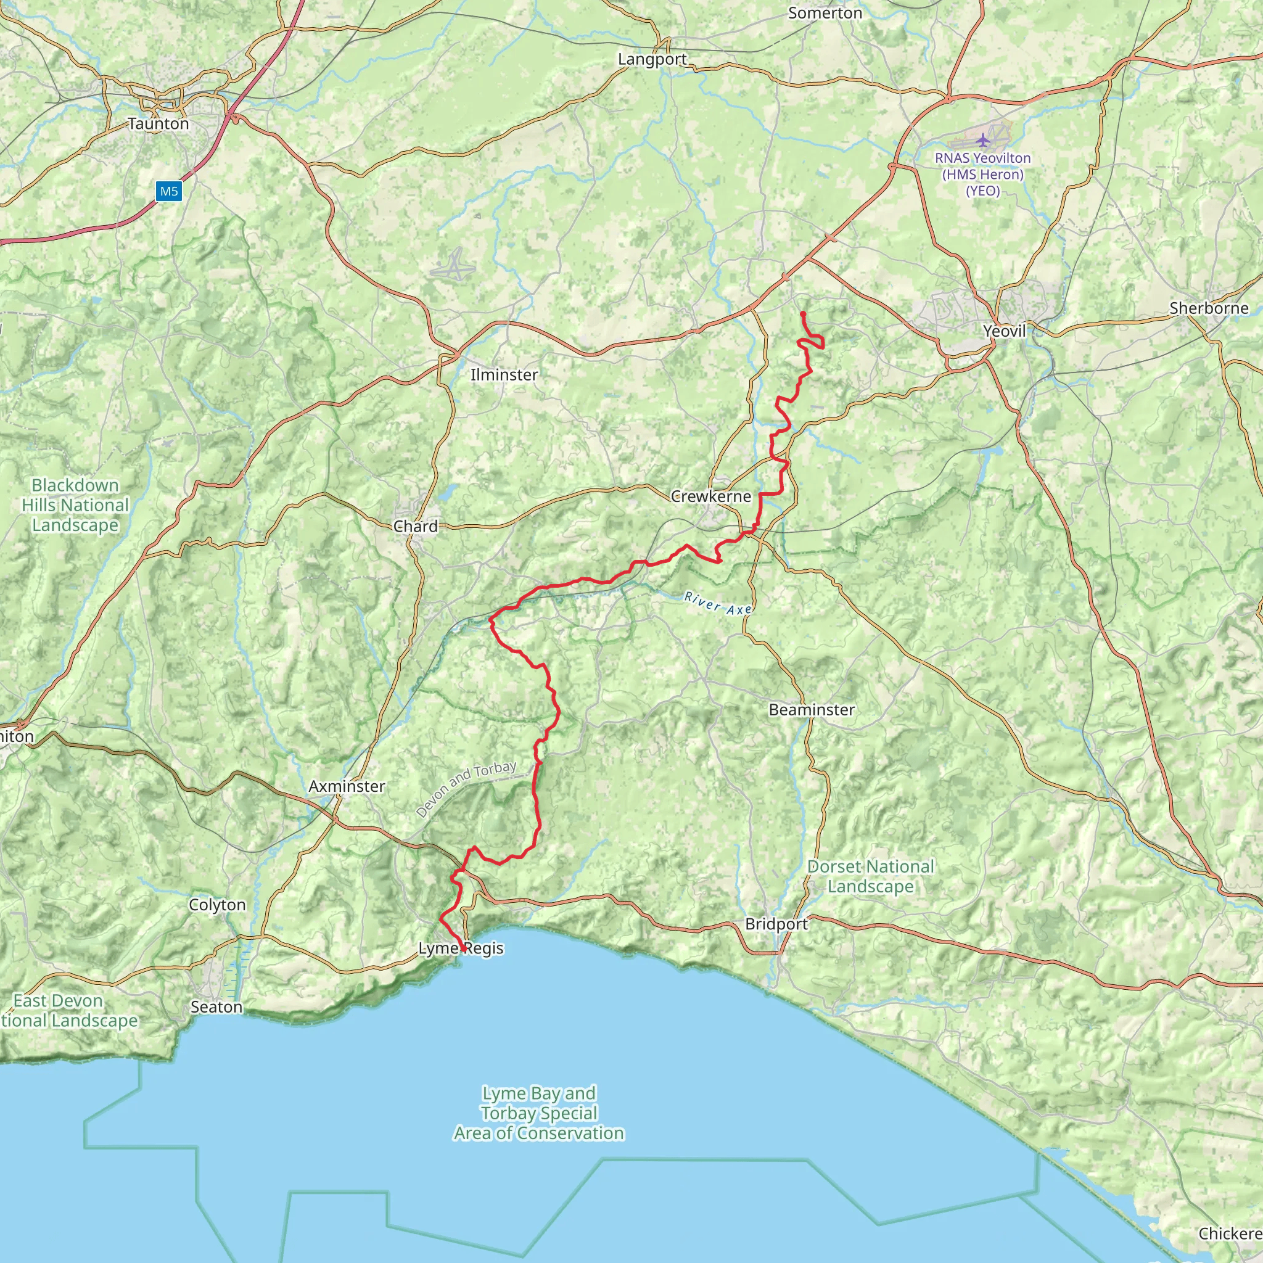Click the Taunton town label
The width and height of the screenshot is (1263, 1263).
pyautogui.click(x=158, y=123)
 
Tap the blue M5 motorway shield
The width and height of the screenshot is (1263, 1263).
pyautogui.click(x=168, y=192)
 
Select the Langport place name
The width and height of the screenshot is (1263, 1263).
pyautogui.click(x=652, y=59)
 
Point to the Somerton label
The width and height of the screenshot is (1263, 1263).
pyautogui.click(x=825, y=13)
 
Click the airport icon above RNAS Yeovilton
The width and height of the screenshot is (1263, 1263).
pyautogui.click(x=982, y=139)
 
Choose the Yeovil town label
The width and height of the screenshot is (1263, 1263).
pyautogui.click(x=1004, y=331)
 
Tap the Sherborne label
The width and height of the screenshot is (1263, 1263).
pyautogui.click(x=1209, y=308)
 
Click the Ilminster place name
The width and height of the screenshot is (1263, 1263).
pyautogui.click(x=504, y=374)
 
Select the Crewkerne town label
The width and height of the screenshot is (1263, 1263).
pyautogui.click(x=710, y=496)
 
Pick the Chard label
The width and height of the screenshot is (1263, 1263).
pyautogui.click(x=415, y=526)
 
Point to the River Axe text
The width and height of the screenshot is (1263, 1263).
pyautogui.click(x=718, y=603)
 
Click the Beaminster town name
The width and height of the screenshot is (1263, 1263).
pyautogui.click(x=812, y=709)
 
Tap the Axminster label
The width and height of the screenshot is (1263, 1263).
pyautogui.click(x=347, y=786)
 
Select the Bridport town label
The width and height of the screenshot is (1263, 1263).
pyautogui.click(x=776, y=924)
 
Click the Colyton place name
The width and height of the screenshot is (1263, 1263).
pyautogui.click(x=217, y=905)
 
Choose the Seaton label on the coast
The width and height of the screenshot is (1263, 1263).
pyautogui.click(x=216, y=1006)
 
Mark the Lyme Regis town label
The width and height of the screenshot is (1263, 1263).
pyautogui.click(x=461, y=948)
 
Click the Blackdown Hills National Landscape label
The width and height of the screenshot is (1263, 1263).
pyautogui.click(x=75, y=504)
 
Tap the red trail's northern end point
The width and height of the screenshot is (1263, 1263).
pyautogui.click(x=802, y=314)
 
